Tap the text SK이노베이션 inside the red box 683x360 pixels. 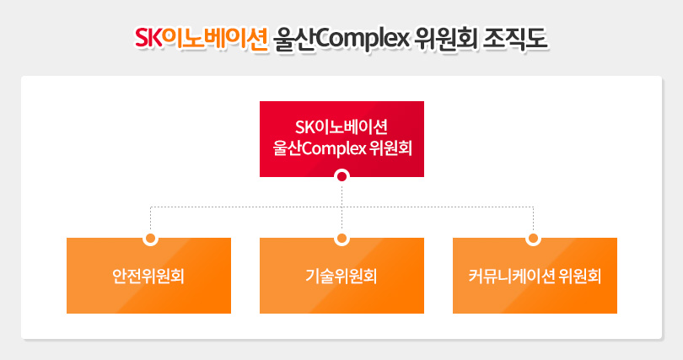pos(341,127)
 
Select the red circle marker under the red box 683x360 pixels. pos(341,176)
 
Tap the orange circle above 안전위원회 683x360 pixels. pos(151,238)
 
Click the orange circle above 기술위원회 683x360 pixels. pos(341,238)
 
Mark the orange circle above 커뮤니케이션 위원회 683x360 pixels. pos(533,238)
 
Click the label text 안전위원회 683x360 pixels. pos(148,276)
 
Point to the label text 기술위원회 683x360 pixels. pos(341,276)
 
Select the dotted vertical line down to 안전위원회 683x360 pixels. pos(151,218)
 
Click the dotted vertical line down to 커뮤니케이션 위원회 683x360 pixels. pos(533,218)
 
